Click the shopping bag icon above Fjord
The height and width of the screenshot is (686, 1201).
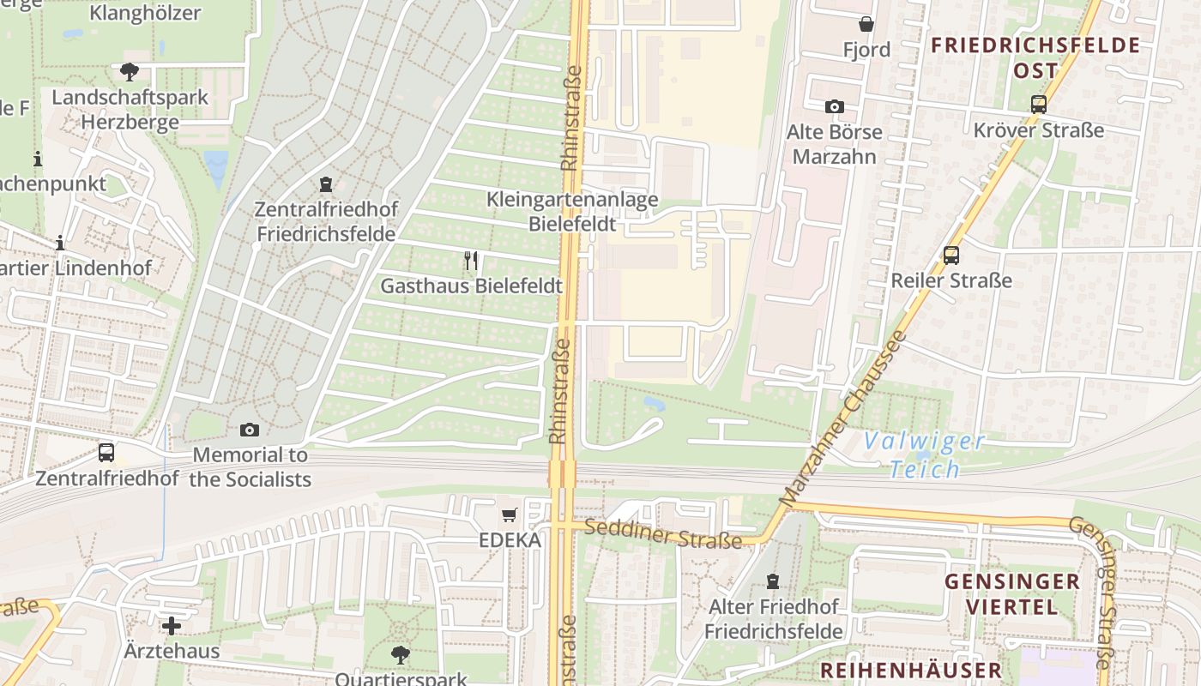(x=866, y=24)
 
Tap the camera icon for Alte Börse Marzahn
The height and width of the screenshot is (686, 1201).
(x=834, y=106)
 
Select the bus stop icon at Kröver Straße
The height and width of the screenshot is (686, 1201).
(x=1039, y=105)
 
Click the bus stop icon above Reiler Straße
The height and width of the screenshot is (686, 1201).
(x=951, y=255)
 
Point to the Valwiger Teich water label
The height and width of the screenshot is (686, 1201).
(x=924, y=455)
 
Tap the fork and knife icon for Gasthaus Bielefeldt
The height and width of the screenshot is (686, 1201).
(x=471, y=261)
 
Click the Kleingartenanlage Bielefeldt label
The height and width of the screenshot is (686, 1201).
(x=572, y=212)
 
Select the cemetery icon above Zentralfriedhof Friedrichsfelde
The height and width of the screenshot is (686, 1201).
(x=325, y=184)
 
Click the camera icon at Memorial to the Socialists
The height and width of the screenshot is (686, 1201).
(x=250, y=430)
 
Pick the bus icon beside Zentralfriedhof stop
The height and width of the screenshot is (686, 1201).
(x=106, y=452)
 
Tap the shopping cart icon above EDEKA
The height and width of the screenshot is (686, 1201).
(x=510, y=514)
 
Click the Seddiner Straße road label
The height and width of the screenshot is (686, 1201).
(x=662, y=534)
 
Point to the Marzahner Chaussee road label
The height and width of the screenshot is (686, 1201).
(x=842, y=418)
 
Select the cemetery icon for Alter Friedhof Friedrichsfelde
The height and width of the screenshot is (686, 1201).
(x=774, y=581)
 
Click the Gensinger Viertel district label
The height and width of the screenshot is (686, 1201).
(x=1012, y=594)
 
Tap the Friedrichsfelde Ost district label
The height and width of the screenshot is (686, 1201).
(x=1035, y=57)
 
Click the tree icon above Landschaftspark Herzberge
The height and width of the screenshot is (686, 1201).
(x=130, y=71)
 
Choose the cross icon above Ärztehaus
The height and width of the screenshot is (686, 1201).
(x=172, y=625)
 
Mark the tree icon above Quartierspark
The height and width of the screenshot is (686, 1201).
(x=400, y=655)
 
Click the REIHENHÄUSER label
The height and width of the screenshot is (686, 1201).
(x=910, y=670)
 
